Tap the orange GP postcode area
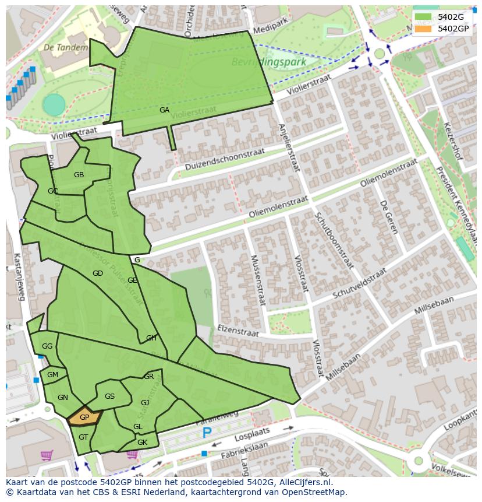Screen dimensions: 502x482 pyautogui.click(x=84, y=417)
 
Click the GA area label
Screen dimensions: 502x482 pyautogui.click(x=165, y=110)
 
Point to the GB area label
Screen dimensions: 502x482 pyautogui.click(x=79, y=174)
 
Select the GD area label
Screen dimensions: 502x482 pyautogui.click(x=97, y=273)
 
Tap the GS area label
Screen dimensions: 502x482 pyautogui.click(x=109, y=396)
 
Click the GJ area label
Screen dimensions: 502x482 pyautogui.click(x=145, y=402)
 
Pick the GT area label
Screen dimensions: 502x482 pyautogui.click(x=83, y=437)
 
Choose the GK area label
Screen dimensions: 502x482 pyautogui.click(x=142, y=443)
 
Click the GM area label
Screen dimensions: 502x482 pyautogui.click(x=52, y=375)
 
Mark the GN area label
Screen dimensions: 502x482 pyautogui.click(x=63, y=398)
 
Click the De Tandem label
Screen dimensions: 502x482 pyautogui.click(x=65, y=47)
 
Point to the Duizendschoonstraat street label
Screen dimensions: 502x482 pyautogui.click(x=225, y=159)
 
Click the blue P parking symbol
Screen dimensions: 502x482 pyautogui.click(x=207, y=433)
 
